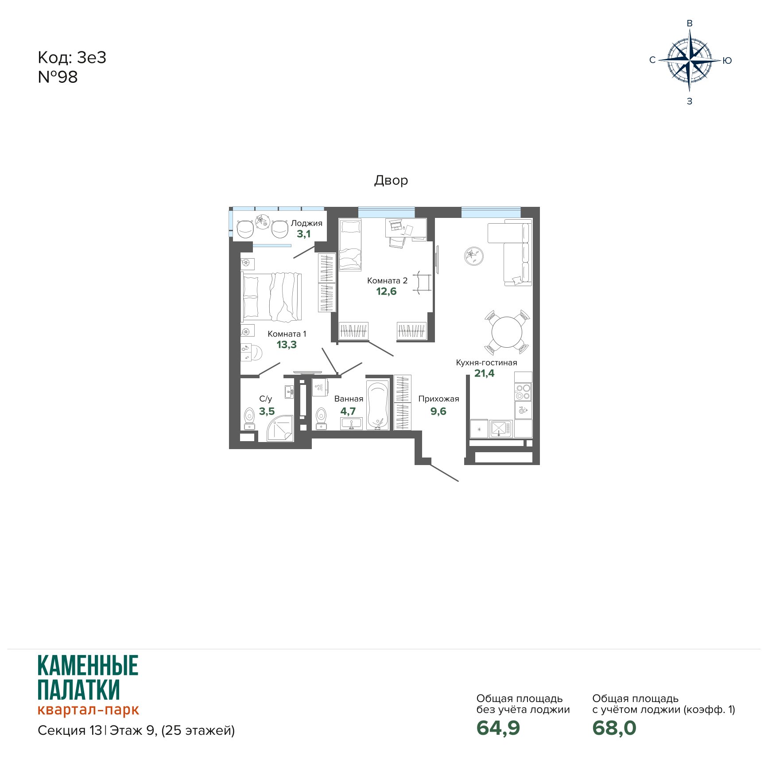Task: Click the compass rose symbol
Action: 690,60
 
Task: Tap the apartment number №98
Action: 58,77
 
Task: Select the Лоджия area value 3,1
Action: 303,234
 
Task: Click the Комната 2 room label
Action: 387,281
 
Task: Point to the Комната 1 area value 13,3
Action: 287,345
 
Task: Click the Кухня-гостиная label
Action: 486,363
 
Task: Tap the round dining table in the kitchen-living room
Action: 507,332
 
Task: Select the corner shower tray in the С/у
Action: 280,428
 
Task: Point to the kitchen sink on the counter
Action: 501,429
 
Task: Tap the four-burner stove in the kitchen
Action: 523,392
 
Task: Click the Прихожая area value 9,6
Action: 438,411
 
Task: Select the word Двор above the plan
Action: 391,180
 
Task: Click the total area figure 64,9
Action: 498,728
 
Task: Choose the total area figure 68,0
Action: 614,728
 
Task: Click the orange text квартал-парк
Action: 88,710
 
